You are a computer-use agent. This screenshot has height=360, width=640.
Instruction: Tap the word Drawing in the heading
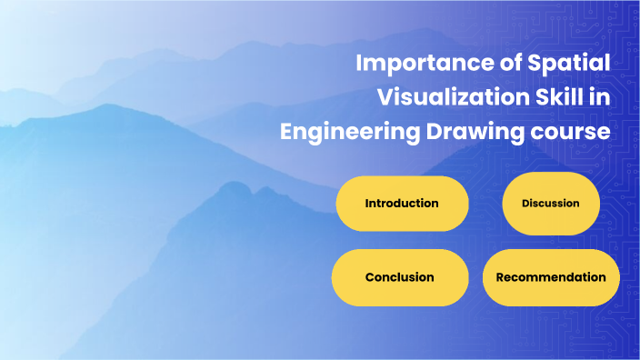473,132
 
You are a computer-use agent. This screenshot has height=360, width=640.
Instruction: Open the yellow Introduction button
402,204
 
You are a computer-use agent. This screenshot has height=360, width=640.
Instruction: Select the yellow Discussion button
550,204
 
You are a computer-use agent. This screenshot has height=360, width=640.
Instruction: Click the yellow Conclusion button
399,277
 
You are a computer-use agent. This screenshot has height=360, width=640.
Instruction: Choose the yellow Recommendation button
551,277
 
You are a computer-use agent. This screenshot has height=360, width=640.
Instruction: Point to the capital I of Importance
358,65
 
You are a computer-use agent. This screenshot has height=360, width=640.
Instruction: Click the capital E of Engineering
286,131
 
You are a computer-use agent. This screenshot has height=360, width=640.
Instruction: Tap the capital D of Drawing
432,131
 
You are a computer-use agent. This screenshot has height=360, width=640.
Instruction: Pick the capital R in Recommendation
500,277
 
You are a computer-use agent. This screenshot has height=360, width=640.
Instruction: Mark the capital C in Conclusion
370,277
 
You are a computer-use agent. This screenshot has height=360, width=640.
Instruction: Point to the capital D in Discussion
525,204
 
